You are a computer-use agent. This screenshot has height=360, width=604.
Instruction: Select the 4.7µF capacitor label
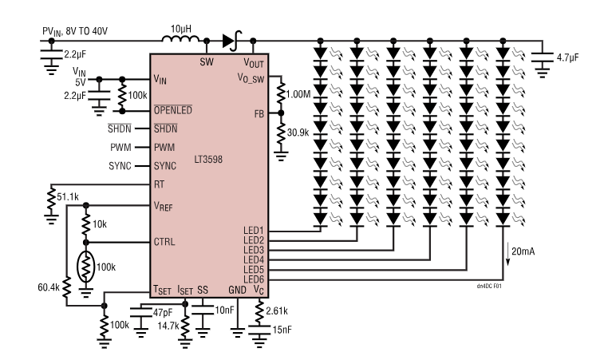(568, 57)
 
